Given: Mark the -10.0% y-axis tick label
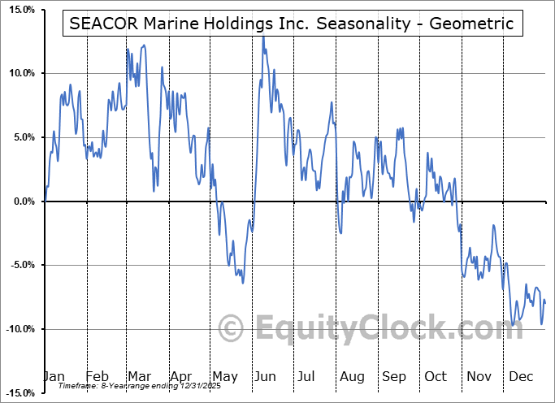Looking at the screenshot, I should click(x=18, y=329).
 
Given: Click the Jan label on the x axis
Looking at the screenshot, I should click(x=54, y=377).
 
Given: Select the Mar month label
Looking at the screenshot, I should click(x=140, y=377).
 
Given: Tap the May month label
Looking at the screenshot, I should click(x=225, y=377).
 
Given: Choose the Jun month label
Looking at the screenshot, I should click(x=266, y=377).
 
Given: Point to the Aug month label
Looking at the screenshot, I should click(x=352, y=377).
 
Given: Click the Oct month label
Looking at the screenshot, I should click(x=436, y=377).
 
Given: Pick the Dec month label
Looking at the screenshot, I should click(x=522, y=377).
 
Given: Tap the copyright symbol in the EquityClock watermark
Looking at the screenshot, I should click(x=232, y=329).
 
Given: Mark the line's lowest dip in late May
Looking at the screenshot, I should click(x=242, y=282).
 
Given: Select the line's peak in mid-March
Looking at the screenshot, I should click(x=144, y=45).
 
